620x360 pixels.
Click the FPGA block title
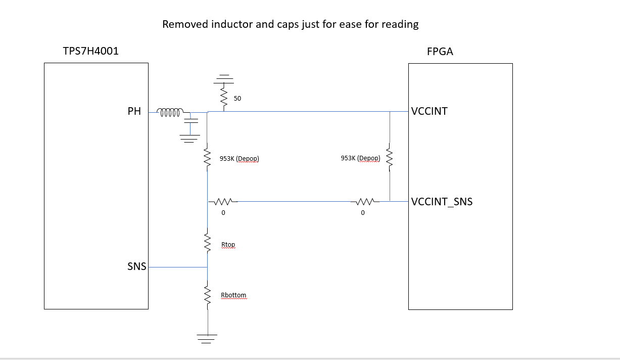point(440,52)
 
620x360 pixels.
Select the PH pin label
point(134,111)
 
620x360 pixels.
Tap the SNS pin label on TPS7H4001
point(136,266)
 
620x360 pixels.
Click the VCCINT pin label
point(430,111)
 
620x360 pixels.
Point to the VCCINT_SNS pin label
point(442,202)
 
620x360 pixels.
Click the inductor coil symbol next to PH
point(170,112)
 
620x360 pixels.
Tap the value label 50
point(237,99)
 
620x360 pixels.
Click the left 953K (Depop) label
point(240,159)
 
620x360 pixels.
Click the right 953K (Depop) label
point(361,158)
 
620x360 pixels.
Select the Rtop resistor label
point(228,245)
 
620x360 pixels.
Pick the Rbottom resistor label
point(233,295)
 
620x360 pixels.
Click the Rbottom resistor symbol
point(207,295)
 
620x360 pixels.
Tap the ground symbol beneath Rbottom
point(207,338)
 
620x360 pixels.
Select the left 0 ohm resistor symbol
point(223,202)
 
